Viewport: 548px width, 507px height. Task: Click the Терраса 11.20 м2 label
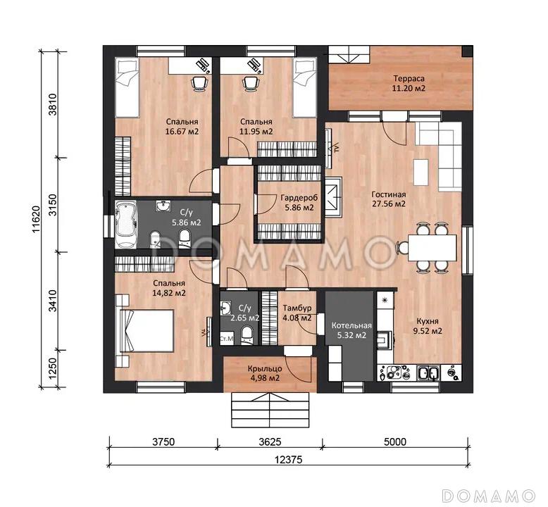[409, 83]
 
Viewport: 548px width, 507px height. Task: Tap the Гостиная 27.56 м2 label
[389, 199]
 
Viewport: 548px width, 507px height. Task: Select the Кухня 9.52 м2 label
[428, 326]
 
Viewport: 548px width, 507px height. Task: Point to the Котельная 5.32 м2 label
[351, 330]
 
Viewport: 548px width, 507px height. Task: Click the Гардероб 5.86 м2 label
[299, 203]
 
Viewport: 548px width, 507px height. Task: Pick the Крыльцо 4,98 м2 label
[265, 373]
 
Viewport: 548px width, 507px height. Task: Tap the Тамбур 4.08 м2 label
[297, 313]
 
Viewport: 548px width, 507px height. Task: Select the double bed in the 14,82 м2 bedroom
[147, 330]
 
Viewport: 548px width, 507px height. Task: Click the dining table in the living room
[432, 248]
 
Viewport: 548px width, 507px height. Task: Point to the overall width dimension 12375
[288, 460]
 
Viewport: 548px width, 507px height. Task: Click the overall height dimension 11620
[37, 219]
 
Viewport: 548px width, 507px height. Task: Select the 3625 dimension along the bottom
[270, 442]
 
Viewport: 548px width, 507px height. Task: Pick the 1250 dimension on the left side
[52, 368]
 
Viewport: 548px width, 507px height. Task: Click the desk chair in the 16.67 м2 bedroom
[199, 84]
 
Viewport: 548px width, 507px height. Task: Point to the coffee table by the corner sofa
[421, 173]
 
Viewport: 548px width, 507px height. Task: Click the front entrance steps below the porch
[270, 410]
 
